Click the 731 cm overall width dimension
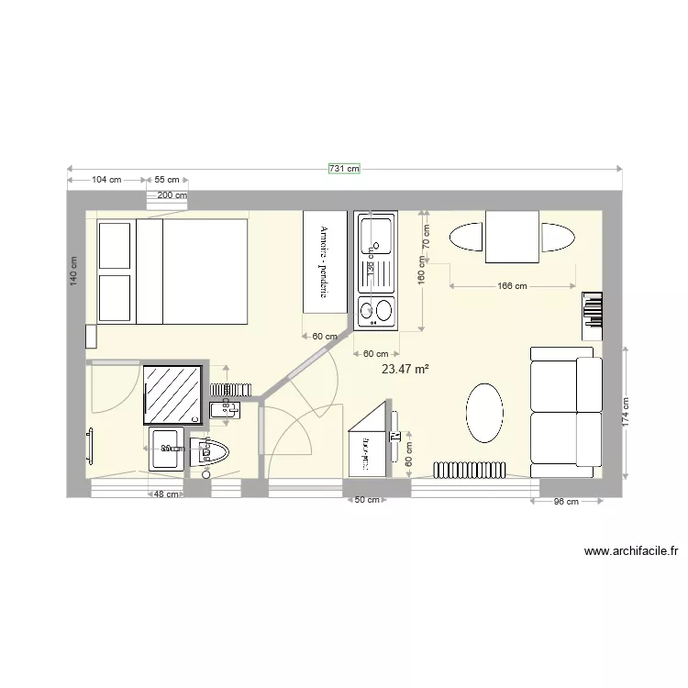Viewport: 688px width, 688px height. point(344,169)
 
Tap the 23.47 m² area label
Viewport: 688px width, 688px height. point(405,369)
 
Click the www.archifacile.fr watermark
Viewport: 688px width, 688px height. point(631,551)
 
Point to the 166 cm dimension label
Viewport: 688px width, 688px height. point(512,286)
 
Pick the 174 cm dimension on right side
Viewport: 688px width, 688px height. point(626,413)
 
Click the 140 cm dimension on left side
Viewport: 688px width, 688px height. point(73,272)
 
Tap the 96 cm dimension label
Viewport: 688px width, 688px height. point(566,502)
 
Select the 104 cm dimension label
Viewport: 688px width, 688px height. point(107,180)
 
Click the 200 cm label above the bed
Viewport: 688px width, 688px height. point(172,195)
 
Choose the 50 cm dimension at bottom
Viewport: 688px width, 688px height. point(367,500)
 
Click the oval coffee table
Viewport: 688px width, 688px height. point(484,412)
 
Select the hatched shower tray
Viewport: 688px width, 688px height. point(172,392)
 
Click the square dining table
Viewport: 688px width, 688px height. point(511,238)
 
